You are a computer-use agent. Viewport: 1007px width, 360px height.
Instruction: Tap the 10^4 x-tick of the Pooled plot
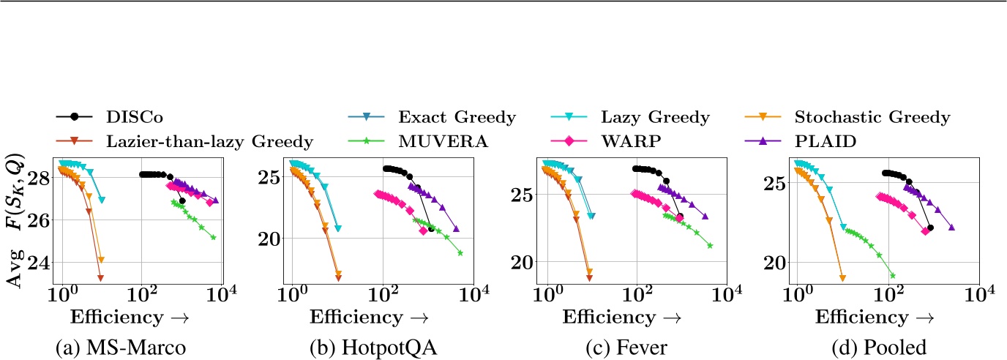(977, 296)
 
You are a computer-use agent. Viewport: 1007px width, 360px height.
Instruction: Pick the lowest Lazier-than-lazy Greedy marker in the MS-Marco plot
(100, 277)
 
